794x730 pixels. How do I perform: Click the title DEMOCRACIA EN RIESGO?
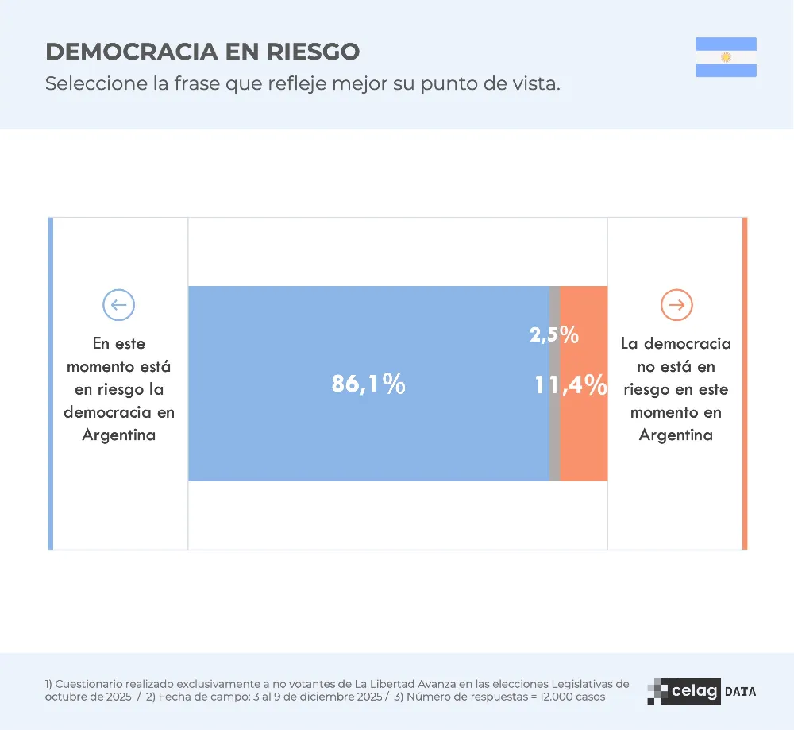202,52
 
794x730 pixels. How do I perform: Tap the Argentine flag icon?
726,57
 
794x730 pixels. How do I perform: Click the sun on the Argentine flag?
726,57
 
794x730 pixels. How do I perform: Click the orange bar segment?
584,445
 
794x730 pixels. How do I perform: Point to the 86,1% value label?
368,384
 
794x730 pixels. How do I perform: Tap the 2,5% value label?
554,334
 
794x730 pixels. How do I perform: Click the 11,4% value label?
570,385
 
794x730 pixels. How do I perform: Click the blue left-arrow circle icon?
119,304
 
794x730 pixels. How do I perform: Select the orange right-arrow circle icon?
676,304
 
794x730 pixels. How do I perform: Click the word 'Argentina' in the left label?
119,435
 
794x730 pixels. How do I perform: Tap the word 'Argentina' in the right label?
676,435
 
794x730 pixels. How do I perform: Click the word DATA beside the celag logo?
740,692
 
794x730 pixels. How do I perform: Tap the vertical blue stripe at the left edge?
51,383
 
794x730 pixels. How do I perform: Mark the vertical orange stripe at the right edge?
744,383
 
